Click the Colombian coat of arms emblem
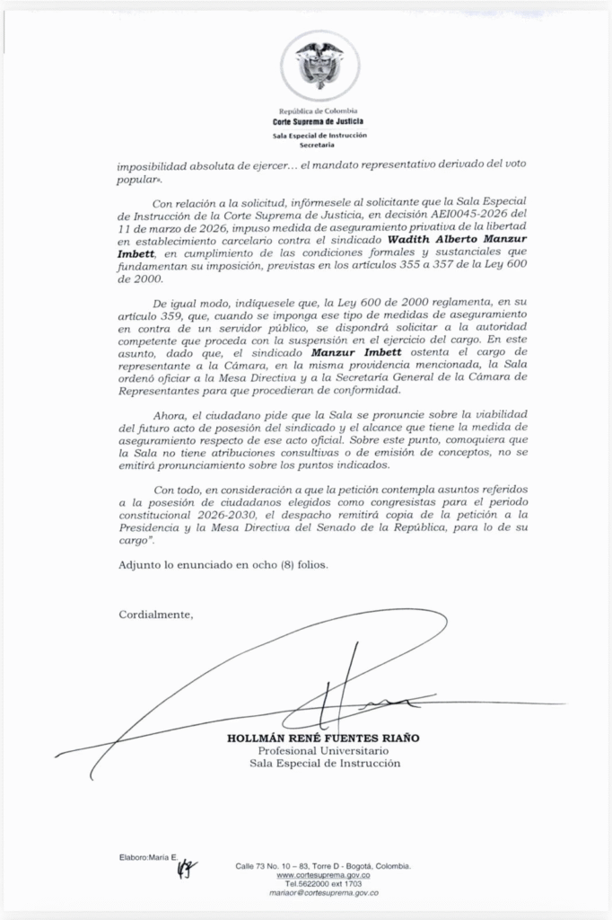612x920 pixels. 319,64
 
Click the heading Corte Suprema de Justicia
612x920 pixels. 319,120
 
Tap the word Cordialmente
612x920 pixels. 155,615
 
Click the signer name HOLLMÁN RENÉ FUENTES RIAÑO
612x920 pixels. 323,738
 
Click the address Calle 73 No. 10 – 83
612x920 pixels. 278,865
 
